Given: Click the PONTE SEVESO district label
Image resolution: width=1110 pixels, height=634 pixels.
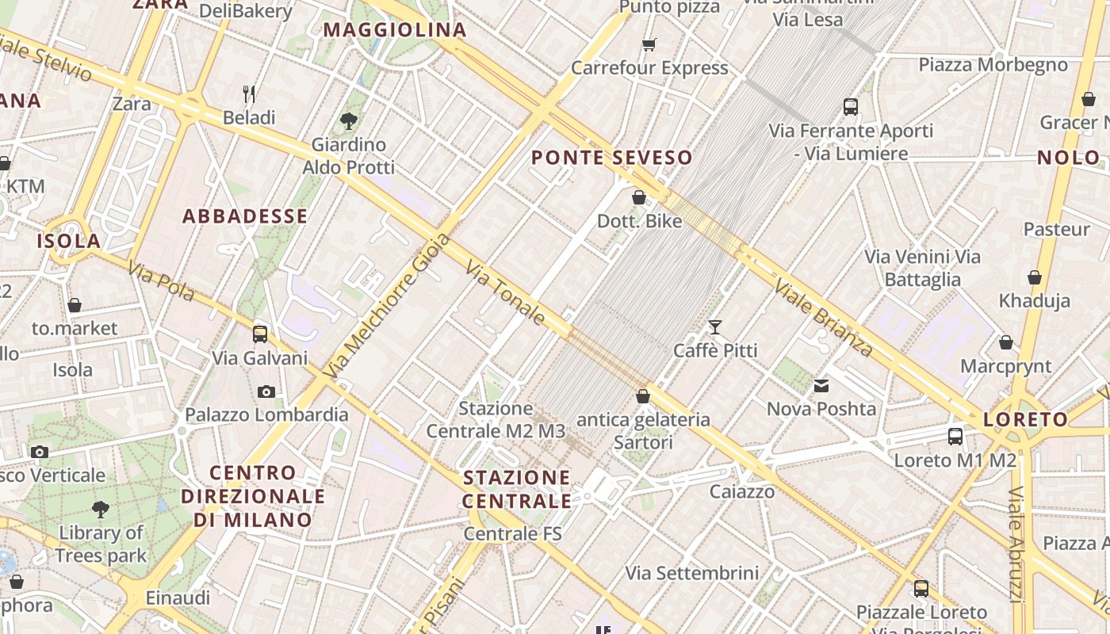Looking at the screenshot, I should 611,157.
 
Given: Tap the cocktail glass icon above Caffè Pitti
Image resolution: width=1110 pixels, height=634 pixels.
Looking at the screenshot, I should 715,327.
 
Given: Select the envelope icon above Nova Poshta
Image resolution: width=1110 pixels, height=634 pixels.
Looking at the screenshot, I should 821,386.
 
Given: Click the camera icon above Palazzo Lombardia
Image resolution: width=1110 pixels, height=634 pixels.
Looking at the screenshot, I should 266,391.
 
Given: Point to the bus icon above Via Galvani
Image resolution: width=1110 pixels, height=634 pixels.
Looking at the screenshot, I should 260,334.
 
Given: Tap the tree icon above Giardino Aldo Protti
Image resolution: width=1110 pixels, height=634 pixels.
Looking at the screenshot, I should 348,121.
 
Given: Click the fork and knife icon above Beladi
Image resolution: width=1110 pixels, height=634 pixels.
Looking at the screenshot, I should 249,94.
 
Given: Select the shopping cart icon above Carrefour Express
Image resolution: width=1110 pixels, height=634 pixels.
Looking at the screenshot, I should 649,44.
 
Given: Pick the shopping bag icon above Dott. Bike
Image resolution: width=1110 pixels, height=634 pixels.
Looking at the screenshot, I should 639,197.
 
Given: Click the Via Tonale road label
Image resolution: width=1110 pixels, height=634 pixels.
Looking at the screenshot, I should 505,293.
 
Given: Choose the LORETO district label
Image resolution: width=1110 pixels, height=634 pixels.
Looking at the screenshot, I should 1026,419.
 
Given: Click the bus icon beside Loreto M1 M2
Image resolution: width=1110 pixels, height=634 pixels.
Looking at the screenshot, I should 955,436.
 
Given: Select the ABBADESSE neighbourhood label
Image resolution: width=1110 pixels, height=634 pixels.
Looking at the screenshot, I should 245,216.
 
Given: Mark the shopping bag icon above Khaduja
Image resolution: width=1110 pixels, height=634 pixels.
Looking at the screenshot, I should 1034,277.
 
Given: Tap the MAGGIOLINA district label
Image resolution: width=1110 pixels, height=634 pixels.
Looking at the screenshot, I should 395,30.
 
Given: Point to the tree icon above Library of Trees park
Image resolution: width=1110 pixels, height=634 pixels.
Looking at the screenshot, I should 100,509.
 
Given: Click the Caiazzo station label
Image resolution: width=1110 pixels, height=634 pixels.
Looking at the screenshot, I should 741,491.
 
